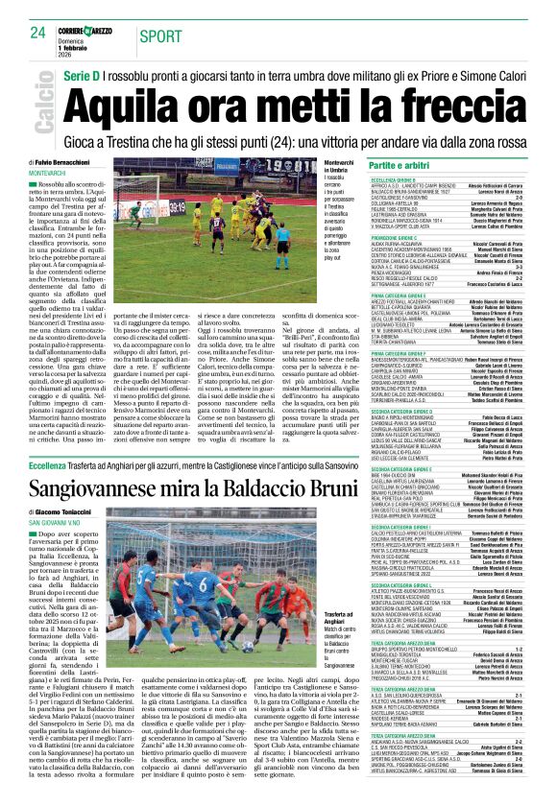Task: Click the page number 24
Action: click(x=37, y=33)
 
